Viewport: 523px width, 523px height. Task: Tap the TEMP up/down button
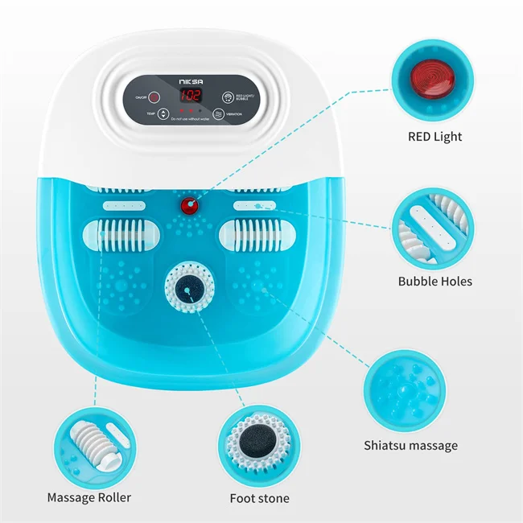point(164,114)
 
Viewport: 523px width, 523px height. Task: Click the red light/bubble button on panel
point(228,97)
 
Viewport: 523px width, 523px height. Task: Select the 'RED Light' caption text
point(434,137)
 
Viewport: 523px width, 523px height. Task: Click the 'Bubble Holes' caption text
point(434,282)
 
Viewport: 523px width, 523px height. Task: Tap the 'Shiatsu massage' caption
point(410,445)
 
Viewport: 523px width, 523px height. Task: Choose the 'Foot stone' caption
point(259,499)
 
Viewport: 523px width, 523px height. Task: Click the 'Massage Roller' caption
point(89,498)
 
